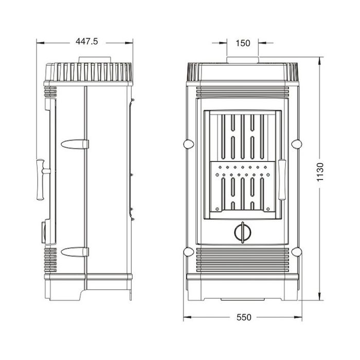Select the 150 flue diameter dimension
[243, 44]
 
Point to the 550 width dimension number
[243, 317]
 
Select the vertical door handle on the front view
[282, 179]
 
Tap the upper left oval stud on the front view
[189, 143]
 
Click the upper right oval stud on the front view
[296, 143]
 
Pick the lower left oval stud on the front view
[189, 251]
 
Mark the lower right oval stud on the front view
[296, 251]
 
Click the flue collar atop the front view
[243, 60]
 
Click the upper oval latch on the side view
[74, 144]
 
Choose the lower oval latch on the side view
[74, 251]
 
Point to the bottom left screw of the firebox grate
[218, 209]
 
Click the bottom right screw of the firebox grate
[267, 209]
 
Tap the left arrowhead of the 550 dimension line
[186, 317]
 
